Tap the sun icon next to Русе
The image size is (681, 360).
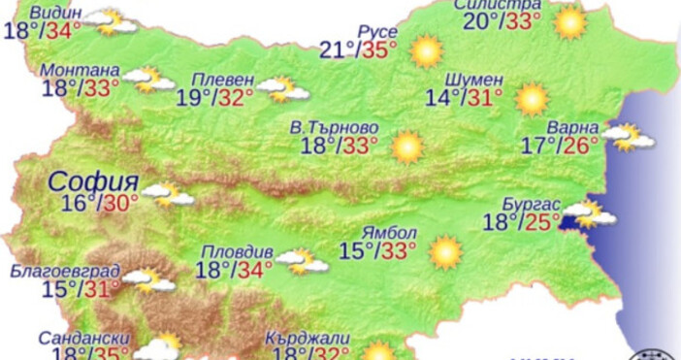click(426, 51)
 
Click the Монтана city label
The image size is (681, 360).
click(81, 71)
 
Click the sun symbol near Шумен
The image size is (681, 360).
click(532, 98)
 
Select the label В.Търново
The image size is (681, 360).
click(334, 127)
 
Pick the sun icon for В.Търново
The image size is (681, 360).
click(407, 147)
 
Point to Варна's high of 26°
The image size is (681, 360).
click(582, 146)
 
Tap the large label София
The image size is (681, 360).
click(94, 180)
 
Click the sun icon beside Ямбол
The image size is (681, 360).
click(445, 252)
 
